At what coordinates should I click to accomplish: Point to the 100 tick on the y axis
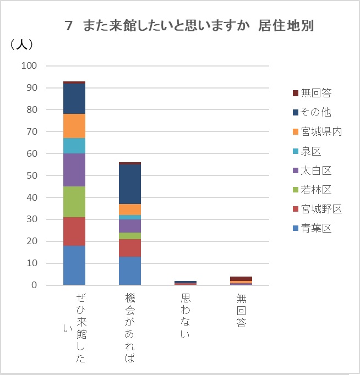[29, 66]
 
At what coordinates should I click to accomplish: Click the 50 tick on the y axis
[31, 175]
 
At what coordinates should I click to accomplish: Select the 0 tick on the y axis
[34, 285]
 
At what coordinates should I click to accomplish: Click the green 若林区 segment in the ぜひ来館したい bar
[74, 202]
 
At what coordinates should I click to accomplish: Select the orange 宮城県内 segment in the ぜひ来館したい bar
[74, 126]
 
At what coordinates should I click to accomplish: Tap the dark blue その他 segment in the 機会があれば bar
[130, 184]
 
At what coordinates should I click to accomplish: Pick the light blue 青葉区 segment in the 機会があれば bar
[130, 271]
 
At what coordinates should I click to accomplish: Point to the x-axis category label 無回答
[241, 311]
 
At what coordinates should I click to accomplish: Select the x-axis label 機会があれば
[130, 328]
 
